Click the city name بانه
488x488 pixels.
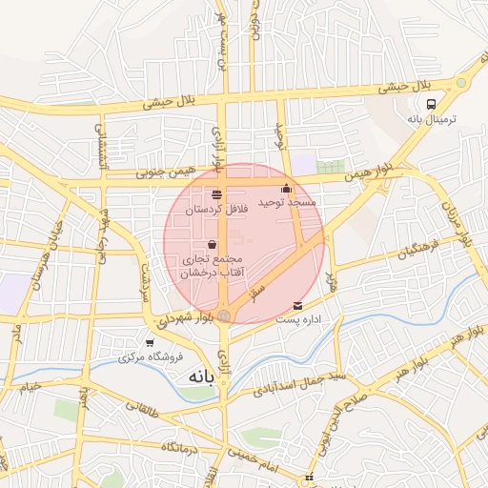coord(191,377)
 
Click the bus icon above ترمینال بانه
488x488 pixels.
coord(432,103)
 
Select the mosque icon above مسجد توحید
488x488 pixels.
coord(287,188)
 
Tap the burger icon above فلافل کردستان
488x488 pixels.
coord(217,193)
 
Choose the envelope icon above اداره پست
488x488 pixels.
coord(299,306)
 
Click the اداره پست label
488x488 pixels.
coord(297,320)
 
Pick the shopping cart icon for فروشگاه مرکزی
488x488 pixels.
coord(150,342)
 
